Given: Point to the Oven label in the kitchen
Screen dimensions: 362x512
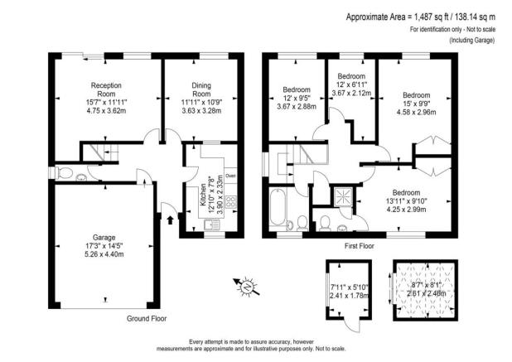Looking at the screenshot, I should coord(229,176).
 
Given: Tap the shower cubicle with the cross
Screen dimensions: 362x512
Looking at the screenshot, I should coord(340,195).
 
